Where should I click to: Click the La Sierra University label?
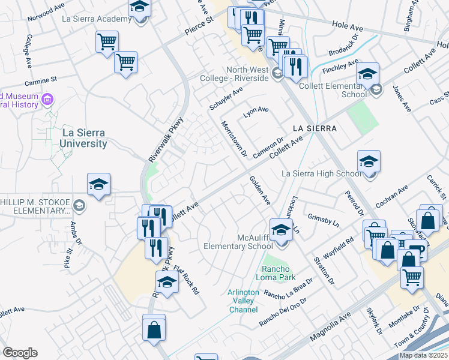click(83, 138)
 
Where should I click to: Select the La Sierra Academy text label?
click(96, 19)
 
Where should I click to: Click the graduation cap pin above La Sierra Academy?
click(140, 8)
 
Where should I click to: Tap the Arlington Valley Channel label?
click(243, 301)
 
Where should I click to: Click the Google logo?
click(20, 353)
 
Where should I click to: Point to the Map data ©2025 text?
click(423, 355)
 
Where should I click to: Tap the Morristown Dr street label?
click(234, 139)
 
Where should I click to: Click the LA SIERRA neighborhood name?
click(315, 129)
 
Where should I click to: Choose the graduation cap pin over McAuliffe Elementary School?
click(280, 229)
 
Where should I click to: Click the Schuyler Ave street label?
click(226, 98)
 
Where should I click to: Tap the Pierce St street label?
click(200, 28)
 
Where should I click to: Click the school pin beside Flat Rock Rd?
click(167, 283)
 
